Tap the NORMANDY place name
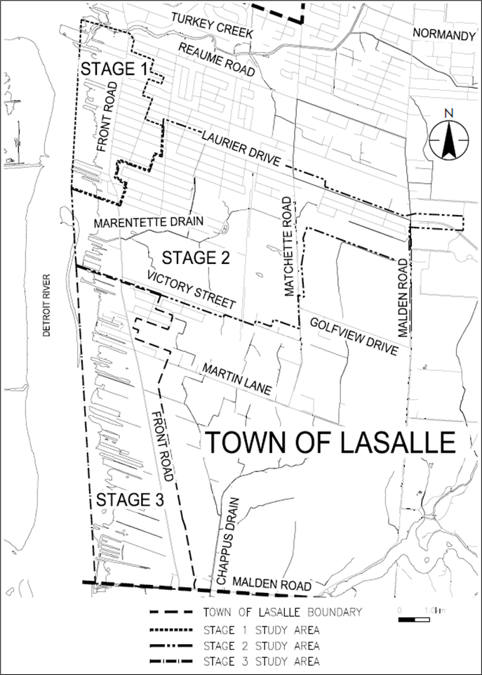(444, 33)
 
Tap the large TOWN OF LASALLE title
(330, 443)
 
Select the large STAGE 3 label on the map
(130, 500)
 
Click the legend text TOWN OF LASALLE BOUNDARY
(282, 612)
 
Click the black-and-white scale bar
(414, 620)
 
